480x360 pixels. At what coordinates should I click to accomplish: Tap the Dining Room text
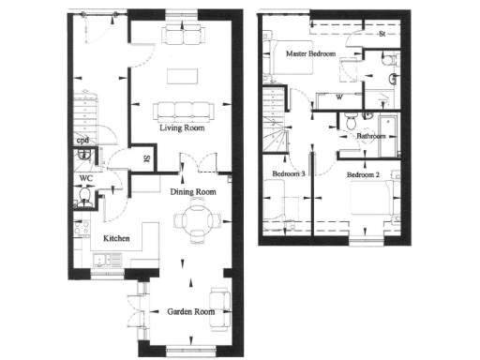(192, 192)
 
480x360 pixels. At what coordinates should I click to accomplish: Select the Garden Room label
(192, 311)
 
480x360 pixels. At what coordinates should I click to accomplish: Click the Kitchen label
(116, 239)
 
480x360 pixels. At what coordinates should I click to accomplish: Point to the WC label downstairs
(84, 177)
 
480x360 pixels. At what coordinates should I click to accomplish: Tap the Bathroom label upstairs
(371, 136)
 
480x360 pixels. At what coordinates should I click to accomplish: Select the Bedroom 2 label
(362, 174)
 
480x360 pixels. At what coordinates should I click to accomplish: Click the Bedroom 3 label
(288, 174)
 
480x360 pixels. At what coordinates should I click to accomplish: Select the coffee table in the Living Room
(178, 75)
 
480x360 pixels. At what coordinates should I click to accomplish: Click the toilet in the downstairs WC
(85, 197)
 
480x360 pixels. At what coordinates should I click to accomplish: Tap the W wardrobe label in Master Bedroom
(338, 96)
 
